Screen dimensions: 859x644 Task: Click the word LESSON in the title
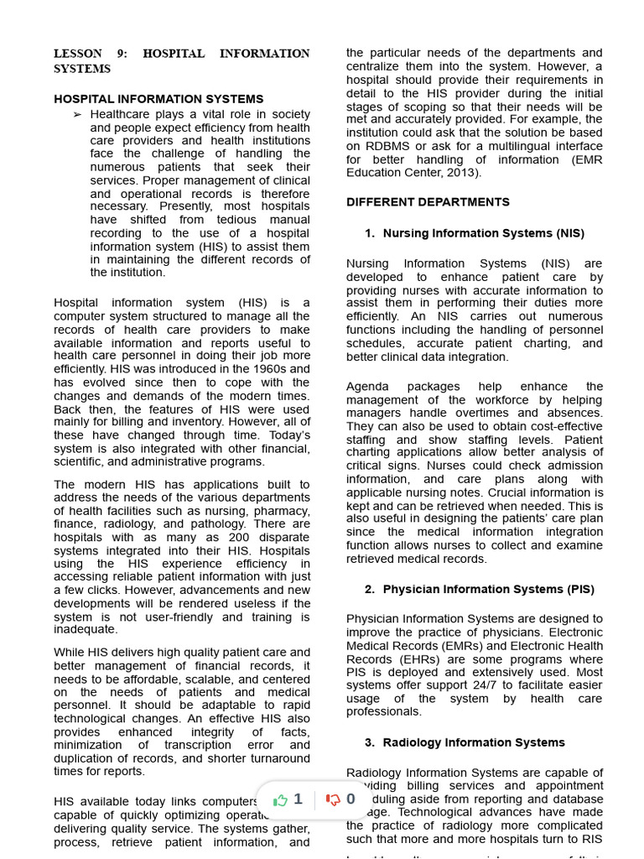[x=78, y=54]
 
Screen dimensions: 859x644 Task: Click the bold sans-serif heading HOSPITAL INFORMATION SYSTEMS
[x=158, y=99]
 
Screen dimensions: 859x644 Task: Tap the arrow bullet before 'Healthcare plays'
[x=78, y=114]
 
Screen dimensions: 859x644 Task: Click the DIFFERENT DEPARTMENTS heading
[x=428, y=202]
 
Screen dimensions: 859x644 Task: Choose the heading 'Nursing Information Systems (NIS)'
[x=483, y=233]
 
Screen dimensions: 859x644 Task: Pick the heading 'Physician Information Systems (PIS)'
[x=488, y=590]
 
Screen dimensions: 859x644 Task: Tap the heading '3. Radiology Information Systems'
[x=465, y=742]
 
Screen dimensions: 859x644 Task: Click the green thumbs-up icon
[x=281, y=799]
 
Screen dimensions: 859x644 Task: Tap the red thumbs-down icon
[x=333, y=799]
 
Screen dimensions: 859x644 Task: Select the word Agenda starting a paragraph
[x=367, y=387]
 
